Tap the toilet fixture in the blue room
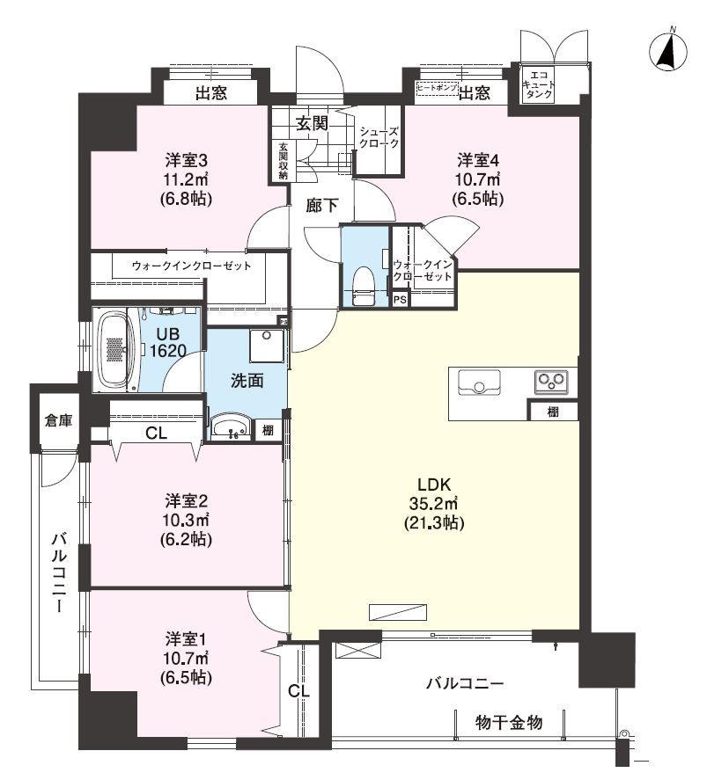365,286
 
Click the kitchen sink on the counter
479,382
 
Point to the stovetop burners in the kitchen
551,382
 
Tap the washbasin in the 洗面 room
232,427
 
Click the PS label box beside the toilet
400,301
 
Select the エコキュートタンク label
539,85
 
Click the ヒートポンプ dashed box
437,88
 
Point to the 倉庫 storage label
58,421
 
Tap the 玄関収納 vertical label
283,161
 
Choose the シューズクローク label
379,137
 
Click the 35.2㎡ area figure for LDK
433,504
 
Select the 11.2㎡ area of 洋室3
186,180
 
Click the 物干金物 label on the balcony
509,722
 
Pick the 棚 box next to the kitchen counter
553,412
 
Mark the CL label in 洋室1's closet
298,690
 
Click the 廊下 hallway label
321,206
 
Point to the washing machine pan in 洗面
268,346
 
